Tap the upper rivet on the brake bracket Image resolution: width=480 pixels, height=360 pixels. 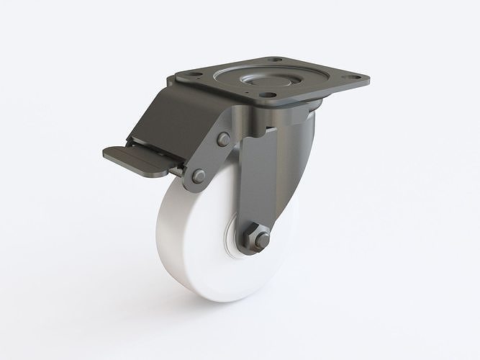(224, 138)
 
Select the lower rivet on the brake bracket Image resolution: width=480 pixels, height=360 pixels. (197, 176)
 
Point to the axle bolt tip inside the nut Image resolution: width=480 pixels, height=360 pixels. (263, 238)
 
